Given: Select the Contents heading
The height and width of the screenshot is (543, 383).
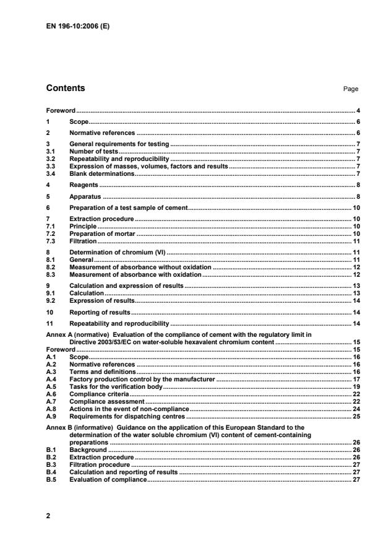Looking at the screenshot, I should coord(66,88).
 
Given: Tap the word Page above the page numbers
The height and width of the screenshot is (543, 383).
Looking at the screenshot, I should coord(351,89).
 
